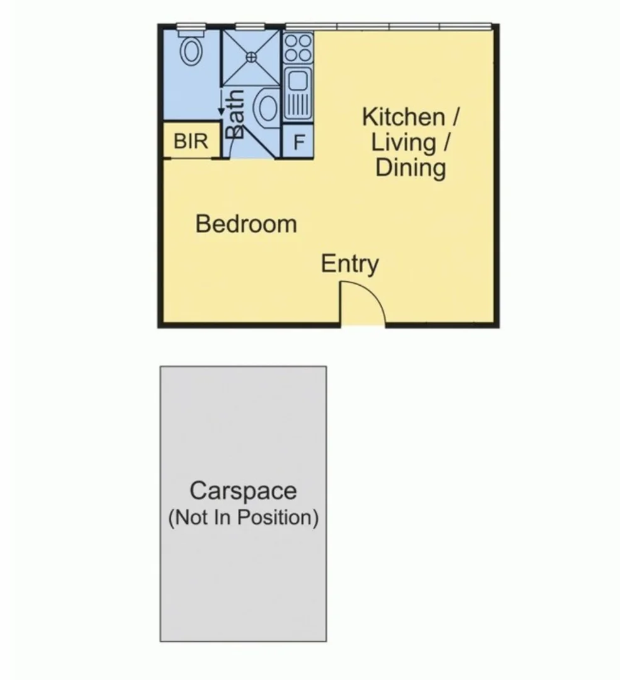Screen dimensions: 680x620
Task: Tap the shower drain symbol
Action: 251,56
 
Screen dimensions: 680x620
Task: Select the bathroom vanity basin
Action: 267,107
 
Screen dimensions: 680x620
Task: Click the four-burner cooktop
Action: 298,48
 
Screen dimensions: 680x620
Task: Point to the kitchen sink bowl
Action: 297,81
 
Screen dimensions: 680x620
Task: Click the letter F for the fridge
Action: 299,142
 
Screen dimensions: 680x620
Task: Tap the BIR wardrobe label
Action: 191,141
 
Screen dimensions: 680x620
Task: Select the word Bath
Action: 235,114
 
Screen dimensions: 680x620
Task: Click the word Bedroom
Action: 245,224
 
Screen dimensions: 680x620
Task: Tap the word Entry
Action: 349,264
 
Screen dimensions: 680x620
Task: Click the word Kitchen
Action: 403,117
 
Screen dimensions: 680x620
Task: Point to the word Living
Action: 403,142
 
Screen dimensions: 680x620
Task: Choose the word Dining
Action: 411,168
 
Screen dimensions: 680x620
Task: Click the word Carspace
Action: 243,490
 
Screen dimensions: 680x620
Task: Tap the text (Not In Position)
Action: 243,518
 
